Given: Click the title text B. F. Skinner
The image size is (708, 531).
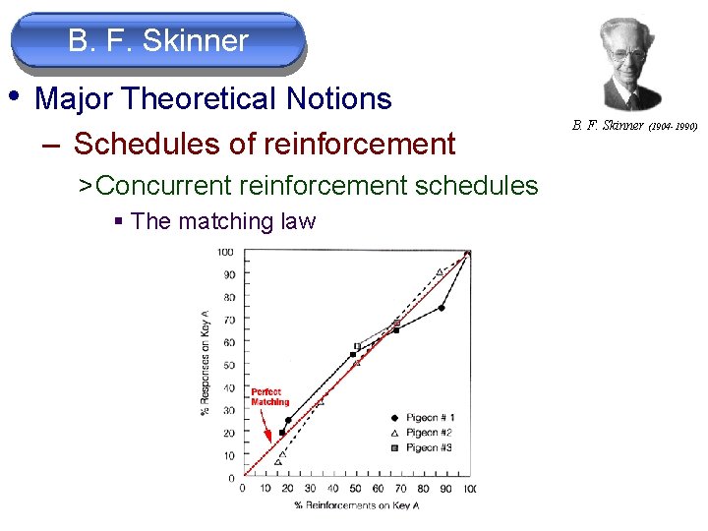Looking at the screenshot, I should coord(158,41).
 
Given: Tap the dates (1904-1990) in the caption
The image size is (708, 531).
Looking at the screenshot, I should coord(673,126).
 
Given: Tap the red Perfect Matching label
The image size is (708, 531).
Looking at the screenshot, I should coord(269,396).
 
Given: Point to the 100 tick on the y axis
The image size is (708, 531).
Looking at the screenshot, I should coord(226,253).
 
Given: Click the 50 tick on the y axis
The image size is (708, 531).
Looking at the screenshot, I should coord(228,365).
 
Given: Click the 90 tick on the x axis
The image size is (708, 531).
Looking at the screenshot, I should coord(446,489).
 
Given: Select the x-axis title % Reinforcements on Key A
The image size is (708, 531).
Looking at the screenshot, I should coord(355,505).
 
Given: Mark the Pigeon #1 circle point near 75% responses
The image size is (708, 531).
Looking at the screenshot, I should coord(442,308).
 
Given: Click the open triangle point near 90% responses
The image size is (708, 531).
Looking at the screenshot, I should coord(440,272).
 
